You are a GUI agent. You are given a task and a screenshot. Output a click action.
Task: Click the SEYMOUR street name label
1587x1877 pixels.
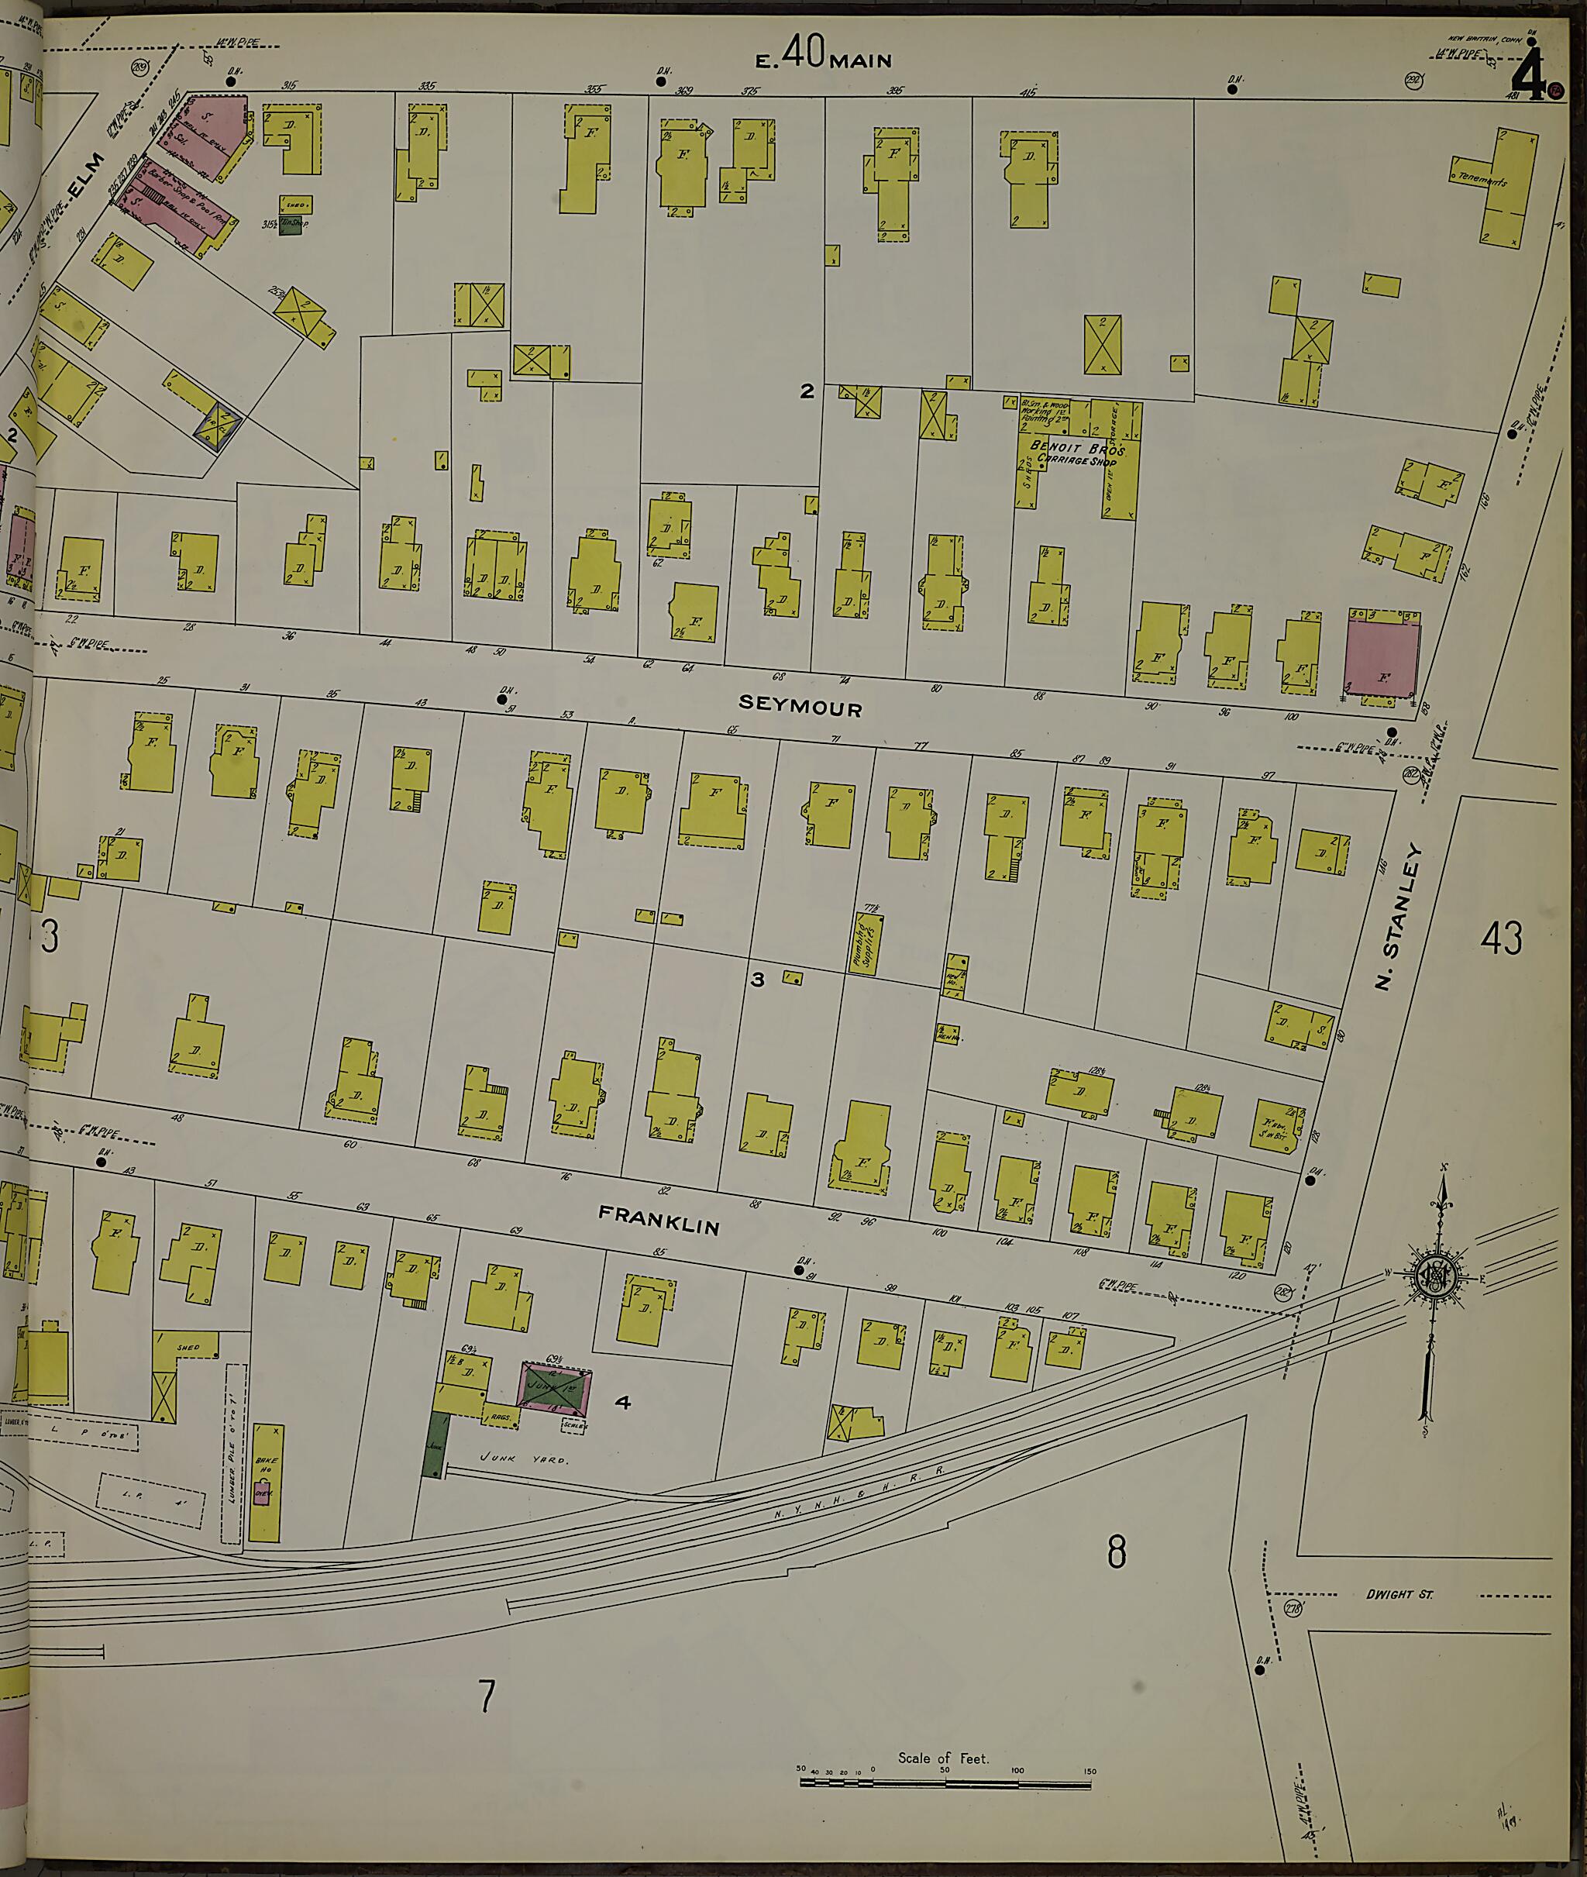[x=800, y=708]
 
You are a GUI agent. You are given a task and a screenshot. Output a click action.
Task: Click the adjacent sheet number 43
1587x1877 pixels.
[x=1501, y=938]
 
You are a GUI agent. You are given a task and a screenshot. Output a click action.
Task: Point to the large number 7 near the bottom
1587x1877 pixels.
[x=486, y=1695]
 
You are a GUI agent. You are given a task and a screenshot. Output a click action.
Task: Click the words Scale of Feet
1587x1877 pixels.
[x=943, y=1758]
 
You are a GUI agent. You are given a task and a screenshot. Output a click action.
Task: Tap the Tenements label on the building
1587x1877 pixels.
[x=1482, y=179]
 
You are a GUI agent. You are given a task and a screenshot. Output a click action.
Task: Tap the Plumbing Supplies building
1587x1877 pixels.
[x=866, y=945]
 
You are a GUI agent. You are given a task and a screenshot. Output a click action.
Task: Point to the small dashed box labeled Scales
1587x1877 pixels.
[x=574, y=1424]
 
